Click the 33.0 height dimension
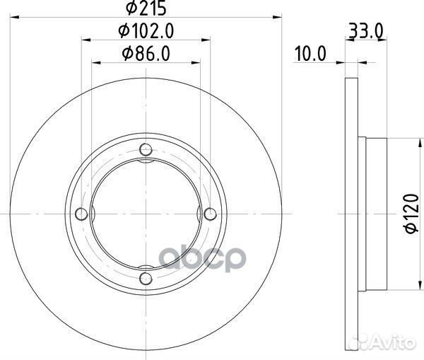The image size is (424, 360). click(365, 31)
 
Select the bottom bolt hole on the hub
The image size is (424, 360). click(146, 278)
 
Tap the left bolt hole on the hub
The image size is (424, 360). click(81, 214)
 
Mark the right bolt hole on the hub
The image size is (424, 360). click(210, 214)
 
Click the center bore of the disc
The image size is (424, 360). click(146, 214)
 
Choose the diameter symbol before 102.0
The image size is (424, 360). click(122, 31)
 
